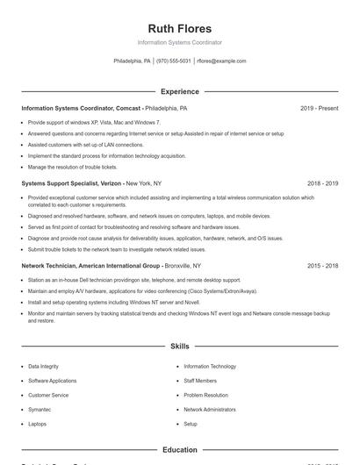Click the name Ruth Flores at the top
(179, 28)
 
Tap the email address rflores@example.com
(221, 61)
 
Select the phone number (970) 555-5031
(174, 61)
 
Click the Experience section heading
(179, 91)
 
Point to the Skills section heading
(179, 347)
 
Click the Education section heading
(179, 450)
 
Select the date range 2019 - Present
(319, 108)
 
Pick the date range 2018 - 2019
(322, 183)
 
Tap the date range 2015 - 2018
(322, 265)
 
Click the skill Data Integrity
(45, 367)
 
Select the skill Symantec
(40, 410)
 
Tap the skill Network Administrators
(209, 410)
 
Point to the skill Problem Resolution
(205, 395)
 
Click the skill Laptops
(37, 424)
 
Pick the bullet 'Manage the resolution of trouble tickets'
(72, 167)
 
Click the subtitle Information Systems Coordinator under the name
(179, 42)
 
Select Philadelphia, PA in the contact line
(132, 61)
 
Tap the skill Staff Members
(199, 381)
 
